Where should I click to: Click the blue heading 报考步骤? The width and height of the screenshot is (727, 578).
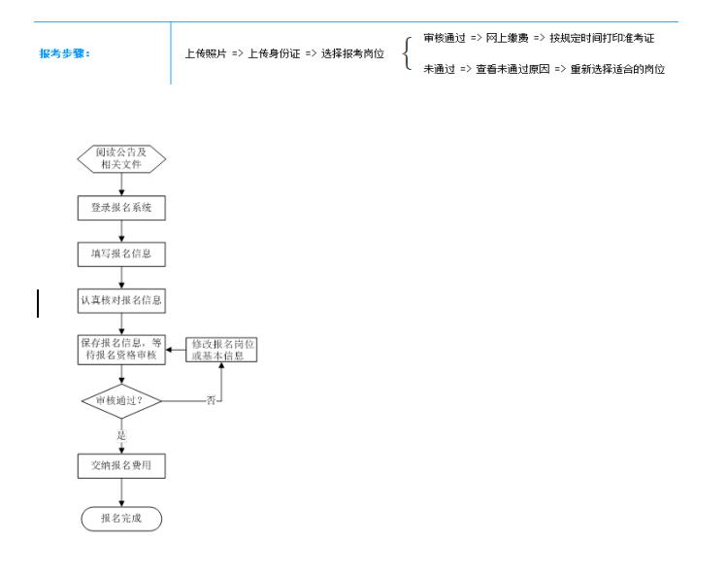pos(64,53)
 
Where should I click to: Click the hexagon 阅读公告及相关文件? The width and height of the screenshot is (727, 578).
pos(121,158)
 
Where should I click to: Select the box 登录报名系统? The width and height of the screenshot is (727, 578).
pos(121,208)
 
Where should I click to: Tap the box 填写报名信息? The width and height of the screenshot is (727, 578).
pos(121,255)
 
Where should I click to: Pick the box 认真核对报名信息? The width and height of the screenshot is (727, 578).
pos(121,300)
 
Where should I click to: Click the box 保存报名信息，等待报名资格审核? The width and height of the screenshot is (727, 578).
pos(121,350)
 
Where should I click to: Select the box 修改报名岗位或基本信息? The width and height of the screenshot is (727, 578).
pos(221,350)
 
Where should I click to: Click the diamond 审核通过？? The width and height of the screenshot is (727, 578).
pos(121,401)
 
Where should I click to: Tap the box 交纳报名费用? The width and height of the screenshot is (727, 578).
pos(121,465)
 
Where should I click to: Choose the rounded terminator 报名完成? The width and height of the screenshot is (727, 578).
pos(121,519)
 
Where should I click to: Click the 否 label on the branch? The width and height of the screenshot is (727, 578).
pos(211,400)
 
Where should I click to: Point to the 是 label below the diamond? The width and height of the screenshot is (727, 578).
pos(121,435)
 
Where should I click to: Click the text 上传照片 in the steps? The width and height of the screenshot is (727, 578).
pos(206,53)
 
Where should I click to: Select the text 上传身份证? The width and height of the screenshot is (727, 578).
pos(274,53)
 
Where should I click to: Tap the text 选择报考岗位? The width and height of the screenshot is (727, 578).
pos(352,53)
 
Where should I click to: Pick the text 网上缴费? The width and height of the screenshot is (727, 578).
pos(508,38)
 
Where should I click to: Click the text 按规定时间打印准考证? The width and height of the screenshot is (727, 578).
pos(602,38)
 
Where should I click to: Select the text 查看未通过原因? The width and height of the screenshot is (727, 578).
pos(512,69)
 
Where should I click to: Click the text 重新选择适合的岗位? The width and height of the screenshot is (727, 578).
pos(617,69)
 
